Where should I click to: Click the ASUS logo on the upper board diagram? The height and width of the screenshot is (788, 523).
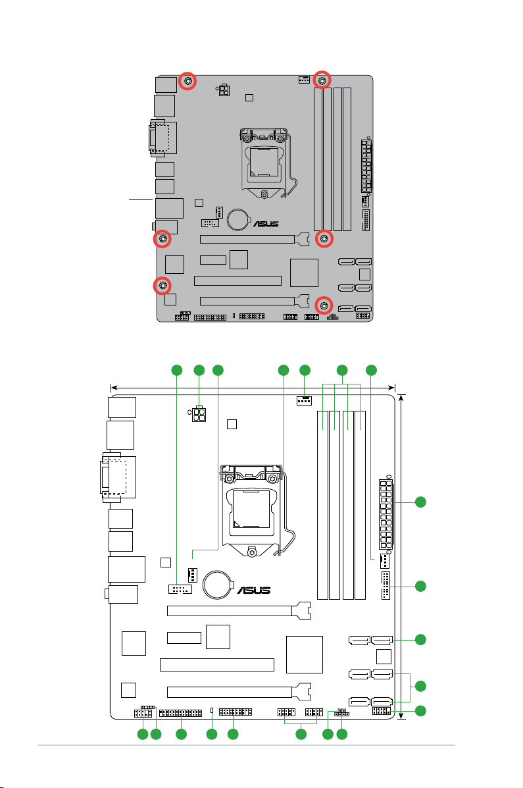coord(266,224)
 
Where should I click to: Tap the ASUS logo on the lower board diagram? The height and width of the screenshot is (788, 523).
coord(254,590)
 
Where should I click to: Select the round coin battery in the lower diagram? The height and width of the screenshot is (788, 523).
coord(218,584)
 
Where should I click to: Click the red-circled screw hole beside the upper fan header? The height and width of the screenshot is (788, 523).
coord(322,80)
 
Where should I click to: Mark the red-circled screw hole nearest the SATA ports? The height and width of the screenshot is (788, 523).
coord(324,305)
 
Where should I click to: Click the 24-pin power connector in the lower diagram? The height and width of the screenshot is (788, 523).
coord(386,513)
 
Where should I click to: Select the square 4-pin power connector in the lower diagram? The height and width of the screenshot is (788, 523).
coord(199,414)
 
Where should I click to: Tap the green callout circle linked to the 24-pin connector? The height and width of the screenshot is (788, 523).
coord(420,502)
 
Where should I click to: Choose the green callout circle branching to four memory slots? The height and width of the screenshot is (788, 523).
coord(342,371)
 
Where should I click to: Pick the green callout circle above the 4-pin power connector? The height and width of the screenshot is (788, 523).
coord(199,371)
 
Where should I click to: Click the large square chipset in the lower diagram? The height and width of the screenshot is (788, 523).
coord(305,654)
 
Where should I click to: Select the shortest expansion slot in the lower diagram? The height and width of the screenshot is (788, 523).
coord(184,638)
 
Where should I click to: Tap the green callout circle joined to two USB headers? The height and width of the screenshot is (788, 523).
coord(301,734)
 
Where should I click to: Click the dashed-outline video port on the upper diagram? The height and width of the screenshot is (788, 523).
coord(161,136)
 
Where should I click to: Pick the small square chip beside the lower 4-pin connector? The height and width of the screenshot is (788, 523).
coord(232,424)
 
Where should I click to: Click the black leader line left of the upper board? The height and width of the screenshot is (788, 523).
coord(141,200)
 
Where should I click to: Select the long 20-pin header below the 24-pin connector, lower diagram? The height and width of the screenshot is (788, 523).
coord(386,585)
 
